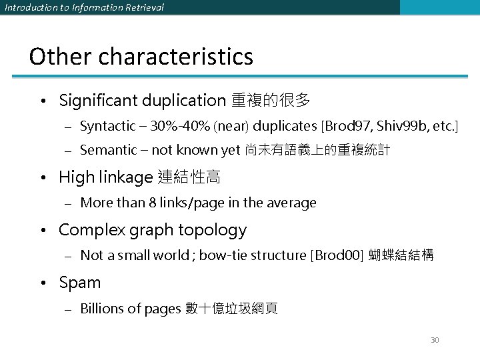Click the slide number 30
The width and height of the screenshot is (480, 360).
(435, 340)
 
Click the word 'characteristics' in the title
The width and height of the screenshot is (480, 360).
(176, 57)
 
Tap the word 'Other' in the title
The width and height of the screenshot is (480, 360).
(60, 57)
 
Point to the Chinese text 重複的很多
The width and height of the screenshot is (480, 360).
(271, 101)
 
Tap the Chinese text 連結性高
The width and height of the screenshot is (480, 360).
(189, 177)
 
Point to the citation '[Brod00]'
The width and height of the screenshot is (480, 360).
(337, 255)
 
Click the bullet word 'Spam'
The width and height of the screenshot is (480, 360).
(79, 283)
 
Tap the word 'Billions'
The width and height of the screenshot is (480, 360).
(102, 308)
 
